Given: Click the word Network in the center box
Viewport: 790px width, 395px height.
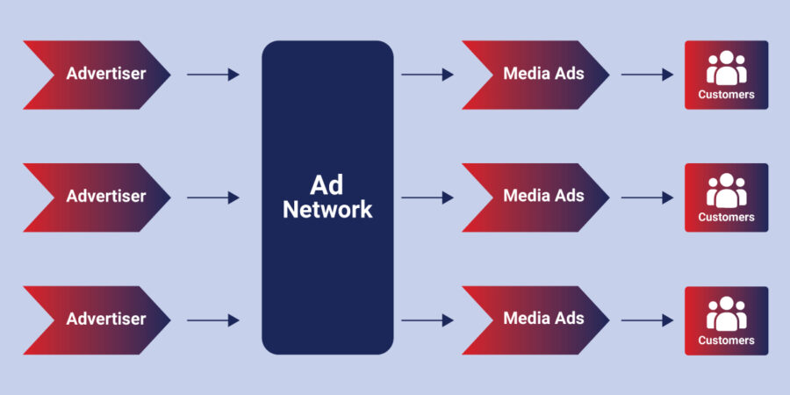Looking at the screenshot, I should (x=327, y=211).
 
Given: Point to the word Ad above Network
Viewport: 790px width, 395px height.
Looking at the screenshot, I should (x=327, y=184).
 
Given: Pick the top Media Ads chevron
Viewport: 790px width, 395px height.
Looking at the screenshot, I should (x=536, y=75).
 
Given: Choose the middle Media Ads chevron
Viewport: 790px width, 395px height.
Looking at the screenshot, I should (x=536, y=197).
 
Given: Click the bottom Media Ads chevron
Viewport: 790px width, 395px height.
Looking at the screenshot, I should (x=536, y=320).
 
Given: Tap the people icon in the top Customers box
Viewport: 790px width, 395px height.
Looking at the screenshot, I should (x=726, y=67).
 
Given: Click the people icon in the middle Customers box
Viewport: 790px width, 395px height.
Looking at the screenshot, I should (x=726, y=190).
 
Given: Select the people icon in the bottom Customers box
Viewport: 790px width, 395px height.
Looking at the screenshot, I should (x=726, y=312).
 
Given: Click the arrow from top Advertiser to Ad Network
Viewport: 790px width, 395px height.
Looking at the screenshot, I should (x=213, y=75).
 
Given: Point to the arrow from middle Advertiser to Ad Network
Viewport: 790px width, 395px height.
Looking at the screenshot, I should (x=213, y=197).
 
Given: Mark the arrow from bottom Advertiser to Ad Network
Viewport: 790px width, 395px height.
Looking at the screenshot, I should (x=213, y=320).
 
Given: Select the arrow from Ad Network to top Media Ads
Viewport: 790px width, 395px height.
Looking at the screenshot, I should (x=427, y=75).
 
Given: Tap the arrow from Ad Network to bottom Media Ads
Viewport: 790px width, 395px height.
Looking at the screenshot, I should (x=427, y=320).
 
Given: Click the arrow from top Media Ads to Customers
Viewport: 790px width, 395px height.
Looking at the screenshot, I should (x=647, y=75).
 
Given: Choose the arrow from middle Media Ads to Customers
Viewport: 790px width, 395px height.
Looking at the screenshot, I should (x=647, y=197).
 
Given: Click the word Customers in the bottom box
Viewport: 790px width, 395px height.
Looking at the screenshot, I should (x=726, y=341).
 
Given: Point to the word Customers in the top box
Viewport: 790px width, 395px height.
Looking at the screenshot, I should (x=726, y=95).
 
